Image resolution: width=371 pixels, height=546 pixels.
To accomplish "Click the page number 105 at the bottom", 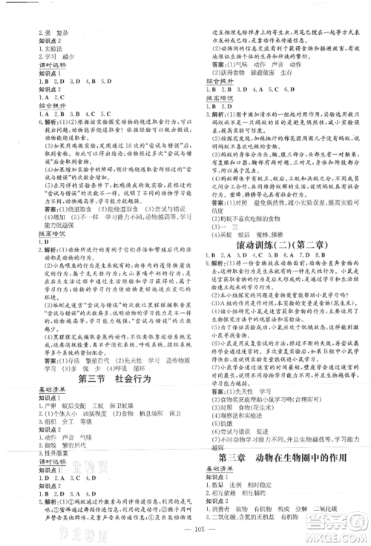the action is pyautogui.click(x=184, y=521).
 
